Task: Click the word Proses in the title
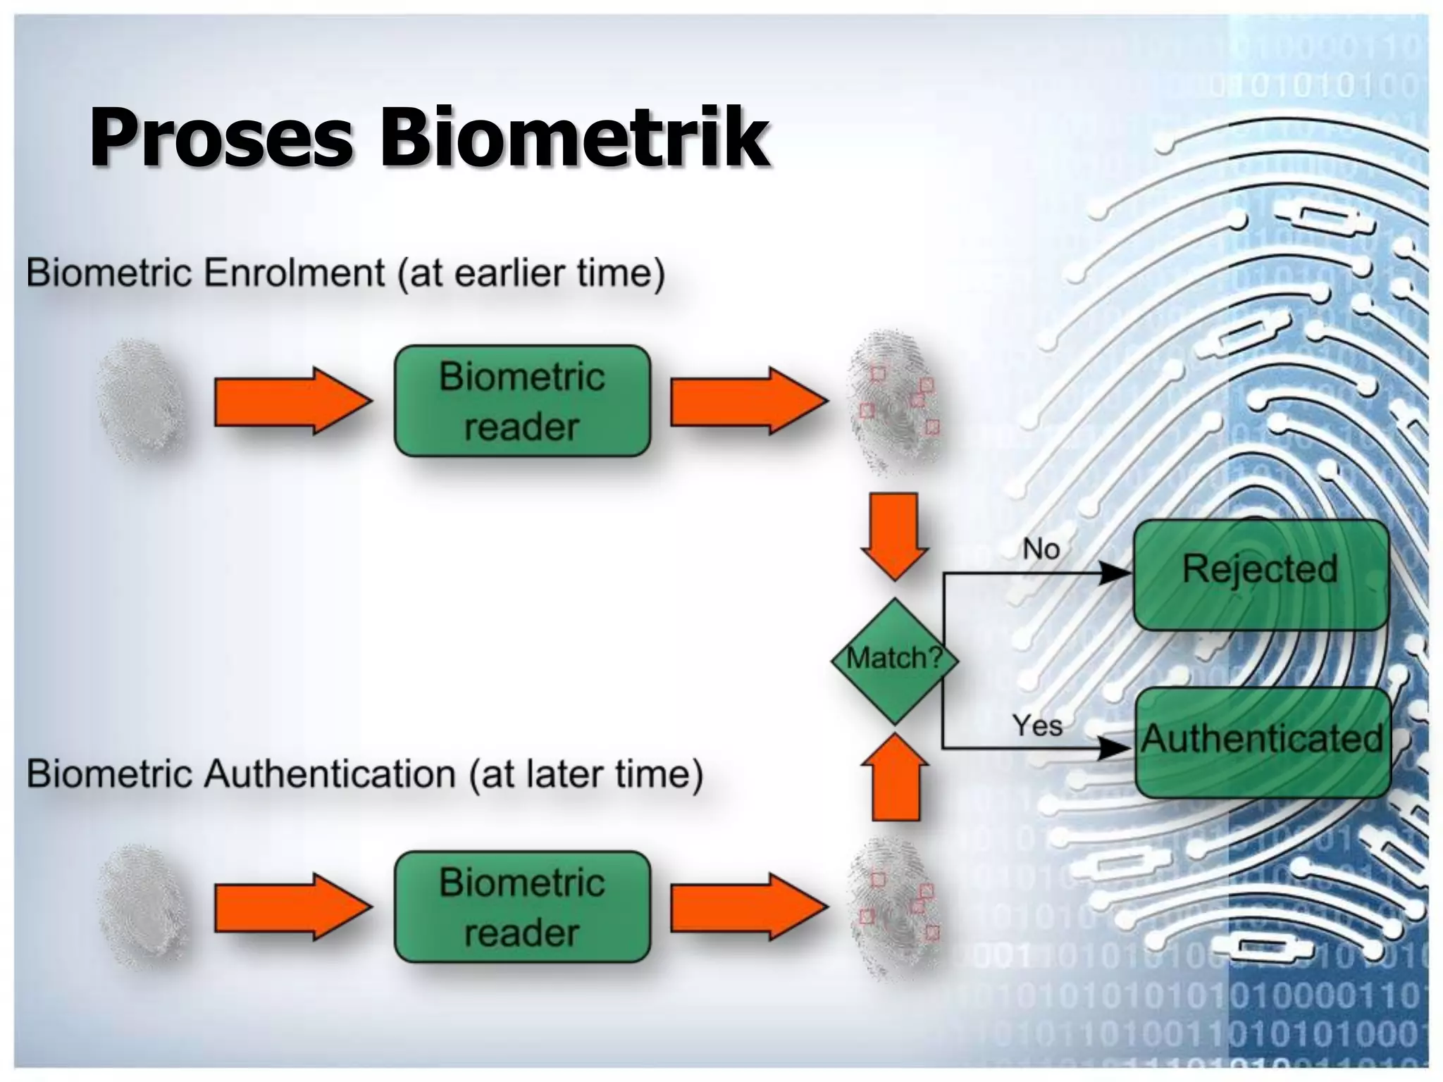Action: (x=220, y=137)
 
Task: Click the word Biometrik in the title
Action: (x=574, y=137)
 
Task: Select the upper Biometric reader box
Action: (x=522, y=401)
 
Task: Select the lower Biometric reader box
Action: (x=522, y=907)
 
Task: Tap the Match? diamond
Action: (x=894, y=660)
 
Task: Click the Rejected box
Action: (x=1260, y=574)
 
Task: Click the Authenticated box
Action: (x=1263, y=742)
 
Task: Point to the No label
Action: (x=1041, y=549)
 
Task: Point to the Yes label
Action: (x=1036, y=725)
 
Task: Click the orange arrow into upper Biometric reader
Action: (x=292, y=401)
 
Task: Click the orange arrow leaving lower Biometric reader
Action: (x=748, y=907)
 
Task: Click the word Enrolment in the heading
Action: (x=295, y=273)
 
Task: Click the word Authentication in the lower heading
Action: (x=330, y=774)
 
